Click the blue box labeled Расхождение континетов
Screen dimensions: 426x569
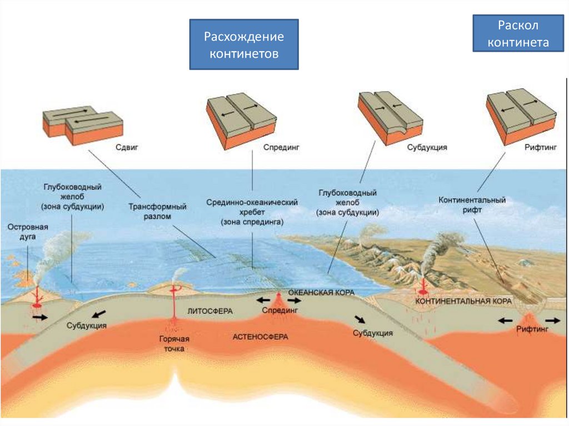[244, 45]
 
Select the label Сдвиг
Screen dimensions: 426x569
[126, 148]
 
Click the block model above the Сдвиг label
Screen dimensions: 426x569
[82, 125]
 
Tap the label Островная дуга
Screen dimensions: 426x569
[27, 232]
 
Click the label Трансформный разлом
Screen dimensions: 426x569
[158, 212]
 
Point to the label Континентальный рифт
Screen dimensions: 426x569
[472, 205]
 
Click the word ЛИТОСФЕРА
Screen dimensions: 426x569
[210, 311]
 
